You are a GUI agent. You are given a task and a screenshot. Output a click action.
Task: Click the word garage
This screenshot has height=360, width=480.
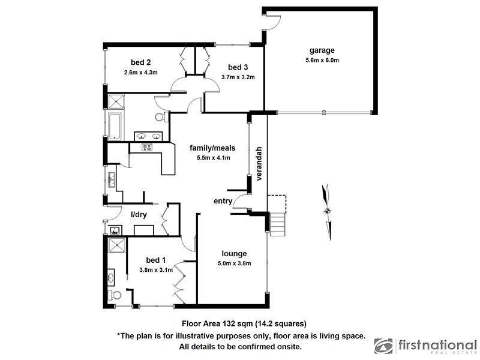coord(322,50)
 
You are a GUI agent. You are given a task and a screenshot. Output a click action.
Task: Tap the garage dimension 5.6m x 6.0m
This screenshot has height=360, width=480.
coord(322,60)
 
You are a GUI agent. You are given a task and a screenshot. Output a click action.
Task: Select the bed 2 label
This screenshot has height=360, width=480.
coord(140,62)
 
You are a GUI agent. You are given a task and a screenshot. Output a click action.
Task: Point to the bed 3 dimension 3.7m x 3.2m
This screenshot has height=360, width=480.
coord(238,77)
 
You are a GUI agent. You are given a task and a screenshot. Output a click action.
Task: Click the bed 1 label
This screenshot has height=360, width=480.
coord(156,260)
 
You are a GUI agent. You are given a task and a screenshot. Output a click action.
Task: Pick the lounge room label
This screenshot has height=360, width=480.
coord(234,253)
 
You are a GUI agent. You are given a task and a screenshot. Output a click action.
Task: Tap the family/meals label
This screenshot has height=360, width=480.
coord(212,148)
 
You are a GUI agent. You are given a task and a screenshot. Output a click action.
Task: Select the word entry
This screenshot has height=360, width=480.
coord(223,201)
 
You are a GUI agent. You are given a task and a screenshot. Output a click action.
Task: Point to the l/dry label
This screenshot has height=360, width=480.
coord(139,215)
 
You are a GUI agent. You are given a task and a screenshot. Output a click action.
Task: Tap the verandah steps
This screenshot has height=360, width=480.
coord(277,225)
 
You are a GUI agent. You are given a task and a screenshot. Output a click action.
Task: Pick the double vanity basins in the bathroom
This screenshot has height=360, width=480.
coord(148,136)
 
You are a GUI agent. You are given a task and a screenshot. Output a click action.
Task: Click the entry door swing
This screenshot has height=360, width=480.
coord(241,202)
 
